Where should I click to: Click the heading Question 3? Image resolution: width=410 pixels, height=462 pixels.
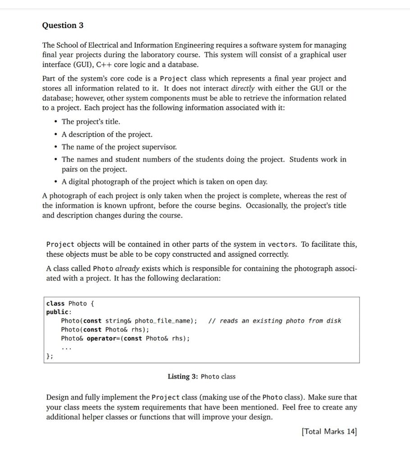(63, 25)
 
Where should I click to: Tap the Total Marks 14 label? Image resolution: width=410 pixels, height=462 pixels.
(329, 432)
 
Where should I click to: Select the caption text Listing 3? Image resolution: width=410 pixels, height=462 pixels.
(183, 376)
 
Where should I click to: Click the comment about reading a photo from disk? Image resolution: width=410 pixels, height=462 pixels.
(275, 321)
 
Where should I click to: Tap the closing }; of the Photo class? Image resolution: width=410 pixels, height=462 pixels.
(50, 356)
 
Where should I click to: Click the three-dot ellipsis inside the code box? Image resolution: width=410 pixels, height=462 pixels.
(66, 347)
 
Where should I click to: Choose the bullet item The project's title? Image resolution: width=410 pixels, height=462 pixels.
(91, 122)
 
